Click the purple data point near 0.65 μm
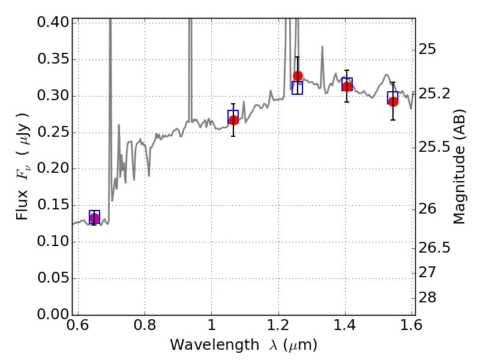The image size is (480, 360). click(95, 218)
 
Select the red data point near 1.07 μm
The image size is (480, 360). click(233, 121)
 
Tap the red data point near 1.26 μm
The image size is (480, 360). click(298, 76)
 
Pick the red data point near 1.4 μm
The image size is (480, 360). click(347, 86)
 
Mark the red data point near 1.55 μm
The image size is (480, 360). click(394, 101)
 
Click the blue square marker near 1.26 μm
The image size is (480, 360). click(297, 88)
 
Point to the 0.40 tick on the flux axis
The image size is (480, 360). click(53, 22)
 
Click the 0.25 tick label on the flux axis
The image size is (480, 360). click(53, 132)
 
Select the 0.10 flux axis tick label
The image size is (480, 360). click(53, 242)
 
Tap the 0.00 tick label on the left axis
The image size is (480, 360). click(53, 314)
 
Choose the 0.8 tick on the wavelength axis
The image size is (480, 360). click(145, 325)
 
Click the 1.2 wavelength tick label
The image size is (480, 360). click(278, 325)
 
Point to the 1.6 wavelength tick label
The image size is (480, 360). click(412, 325)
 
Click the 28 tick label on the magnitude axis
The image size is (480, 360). click(427, 297)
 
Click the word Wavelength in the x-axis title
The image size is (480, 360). click(215, 345)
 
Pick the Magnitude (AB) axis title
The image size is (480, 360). click(459, 167)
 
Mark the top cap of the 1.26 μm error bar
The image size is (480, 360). click(297, 57)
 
